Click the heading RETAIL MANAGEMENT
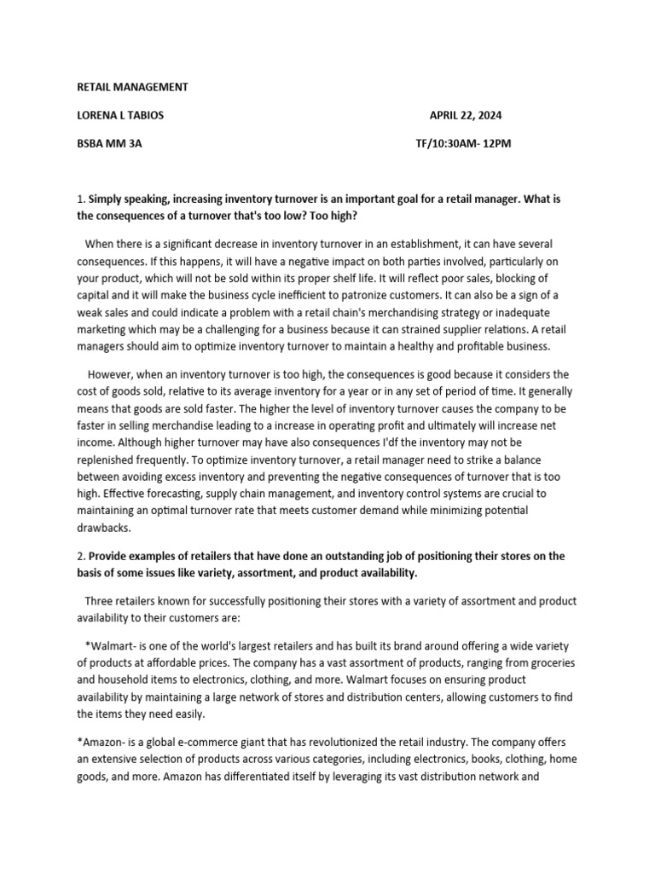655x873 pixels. pos(132,87)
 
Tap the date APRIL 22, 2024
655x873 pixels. pos(472,115)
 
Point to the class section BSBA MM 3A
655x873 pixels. pos(110,143)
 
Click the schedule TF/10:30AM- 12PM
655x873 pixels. pos(463,143)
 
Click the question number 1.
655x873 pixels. pos(79,199)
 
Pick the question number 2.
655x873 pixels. pos(79,556)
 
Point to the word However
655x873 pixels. pos(113,374)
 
